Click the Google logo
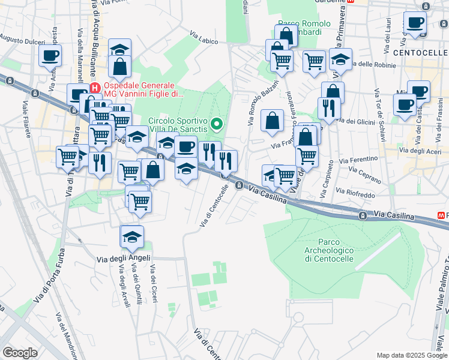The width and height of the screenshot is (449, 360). click(20, 352)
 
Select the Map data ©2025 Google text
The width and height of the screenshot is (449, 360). click(412, 355)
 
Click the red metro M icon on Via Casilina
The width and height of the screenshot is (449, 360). click(443, 215)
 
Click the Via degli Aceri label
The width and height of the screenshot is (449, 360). click(420, 150)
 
